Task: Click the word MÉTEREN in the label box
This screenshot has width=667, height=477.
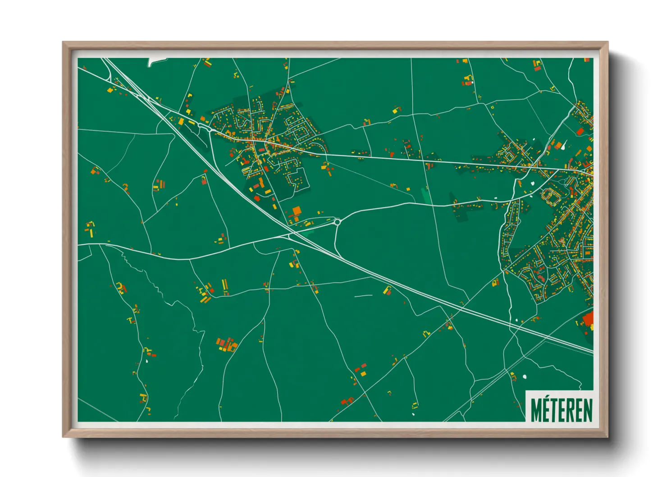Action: click(561, 409)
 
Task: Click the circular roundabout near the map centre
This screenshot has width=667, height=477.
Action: click(337, 221)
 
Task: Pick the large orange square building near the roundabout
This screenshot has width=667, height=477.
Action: click(296, 211)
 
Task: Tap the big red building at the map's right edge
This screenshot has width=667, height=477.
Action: click(588, 320)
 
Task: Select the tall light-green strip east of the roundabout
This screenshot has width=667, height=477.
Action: click(425, 195)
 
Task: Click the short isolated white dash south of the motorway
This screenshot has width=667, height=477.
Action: click(363, 296)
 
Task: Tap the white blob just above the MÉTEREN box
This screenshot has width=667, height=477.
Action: click(524, 376)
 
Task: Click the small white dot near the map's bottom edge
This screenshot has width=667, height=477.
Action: click(413, 414)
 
